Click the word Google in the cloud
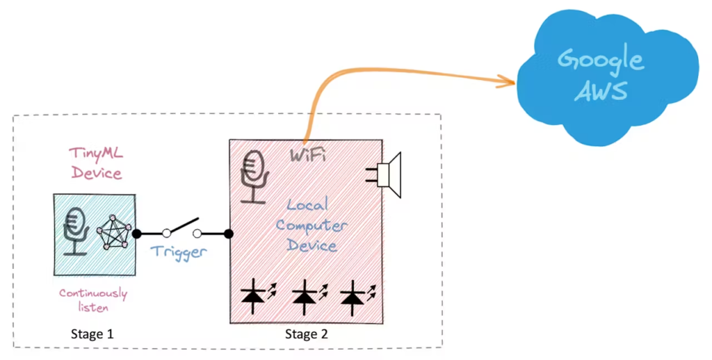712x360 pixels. click(601, 60)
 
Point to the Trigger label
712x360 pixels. click(179, 252)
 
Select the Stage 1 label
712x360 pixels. click(92, 334)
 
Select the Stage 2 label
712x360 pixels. click(306, 334)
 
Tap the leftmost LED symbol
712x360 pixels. click(255, 295)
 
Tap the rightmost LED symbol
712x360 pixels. click(354, 295)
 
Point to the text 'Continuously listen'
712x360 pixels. click(92, 300)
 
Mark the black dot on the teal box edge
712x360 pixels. click(137, 234)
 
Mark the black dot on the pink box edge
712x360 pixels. click(229, 234)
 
